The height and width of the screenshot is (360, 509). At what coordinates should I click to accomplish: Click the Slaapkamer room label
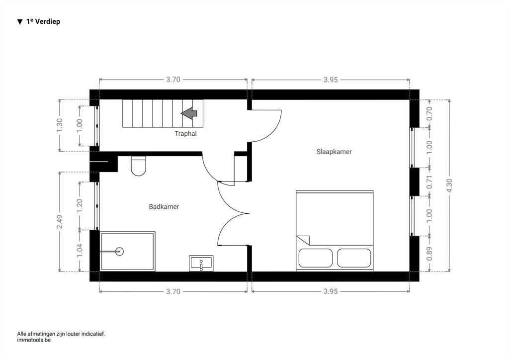coord(334,152)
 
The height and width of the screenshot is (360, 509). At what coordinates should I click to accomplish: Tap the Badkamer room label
coord(164,207)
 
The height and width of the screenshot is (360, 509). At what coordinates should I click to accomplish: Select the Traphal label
coord(186,133)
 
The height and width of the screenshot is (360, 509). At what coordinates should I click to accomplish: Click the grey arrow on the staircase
coord(189,113)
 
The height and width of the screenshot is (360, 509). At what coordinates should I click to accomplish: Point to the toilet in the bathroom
coord(138,166)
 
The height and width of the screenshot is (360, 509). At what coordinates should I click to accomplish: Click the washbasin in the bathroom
coord(201,263)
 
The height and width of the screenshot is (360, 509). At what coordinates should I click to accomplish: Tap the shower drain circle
coord(120,251)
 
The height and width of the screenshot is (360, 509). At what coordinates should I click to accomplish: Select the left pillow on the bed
coord(316,258)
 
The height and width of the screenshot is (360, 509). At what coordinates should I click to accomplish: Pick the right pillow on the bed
coord(354,258)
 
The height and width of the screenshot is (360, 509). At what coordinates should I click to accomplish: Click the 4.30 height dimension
coord(449,185)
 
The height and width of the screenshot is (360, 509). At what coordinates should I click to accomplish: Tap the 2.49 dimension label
coord(60,222)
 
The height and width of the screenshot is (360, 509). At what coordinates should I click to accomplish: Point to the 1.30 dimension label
coord(60,125)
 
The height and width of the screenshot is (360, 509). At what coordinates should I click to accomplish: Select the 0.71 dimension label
coord(429,182)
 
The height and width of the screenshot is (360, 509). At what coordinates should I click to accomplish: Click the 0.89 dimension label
coord(429,254)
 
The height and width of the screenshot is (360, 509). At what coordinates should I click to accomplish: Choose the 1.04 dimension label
coord(80,251)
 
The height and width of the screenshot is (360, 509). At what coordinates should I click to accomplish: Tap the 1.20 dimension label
coord(80,206)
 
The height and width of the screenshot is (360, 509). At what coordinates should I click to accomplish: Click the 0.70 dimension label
coord(429,113)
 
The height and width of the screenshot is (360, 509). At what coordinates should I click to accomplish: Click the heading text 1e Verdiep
coord(43,21)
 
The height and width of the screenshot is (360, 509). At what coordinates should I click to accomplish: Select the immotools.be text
coord(34,340)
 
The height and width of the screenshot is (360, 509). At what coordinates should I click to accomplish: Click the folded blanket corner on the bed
coord(303,240)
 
